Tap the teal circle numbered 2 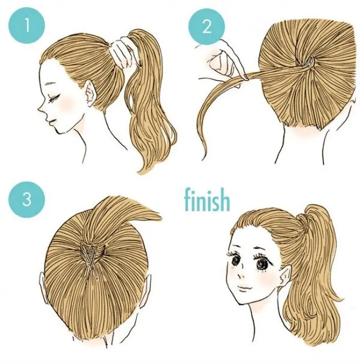point(207,26)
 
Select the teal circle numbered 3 point(27,199)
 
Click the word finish point(207,200)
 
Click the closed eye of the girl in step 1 point(54,98)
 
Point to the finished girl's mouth point(245,288)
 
